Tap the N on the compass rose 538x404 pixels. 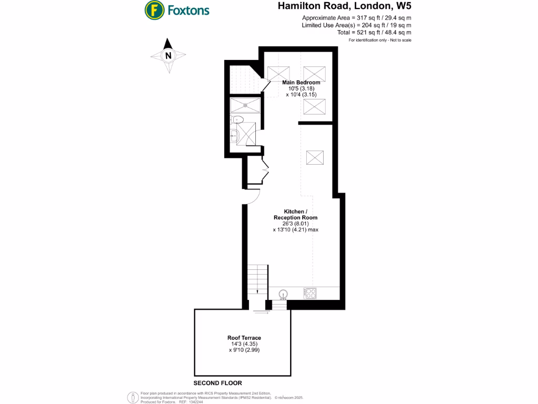(168, 55)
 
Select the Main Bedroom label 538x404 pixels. (301, 83)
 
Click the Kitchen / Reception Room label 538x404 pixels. (295, 214)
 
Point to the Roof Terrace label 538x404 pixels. (244, 338)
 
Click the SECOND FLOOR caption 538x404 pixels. (218, 383)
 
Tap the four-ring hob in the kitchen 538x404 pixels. (309, 293)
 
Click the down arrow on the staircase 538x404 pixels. (257, 291)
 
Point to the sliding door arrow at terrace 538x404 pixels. (260, 312)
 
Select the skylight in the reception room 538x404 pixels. (315, 157)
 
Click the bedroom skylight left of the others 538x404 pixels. (278, 73)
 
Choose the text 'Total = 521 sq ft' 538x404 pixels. (374, 33)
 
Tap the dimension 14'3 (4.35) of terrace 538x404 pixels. (244, 344)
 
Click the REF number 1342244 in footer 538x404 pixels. (195, 402)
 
